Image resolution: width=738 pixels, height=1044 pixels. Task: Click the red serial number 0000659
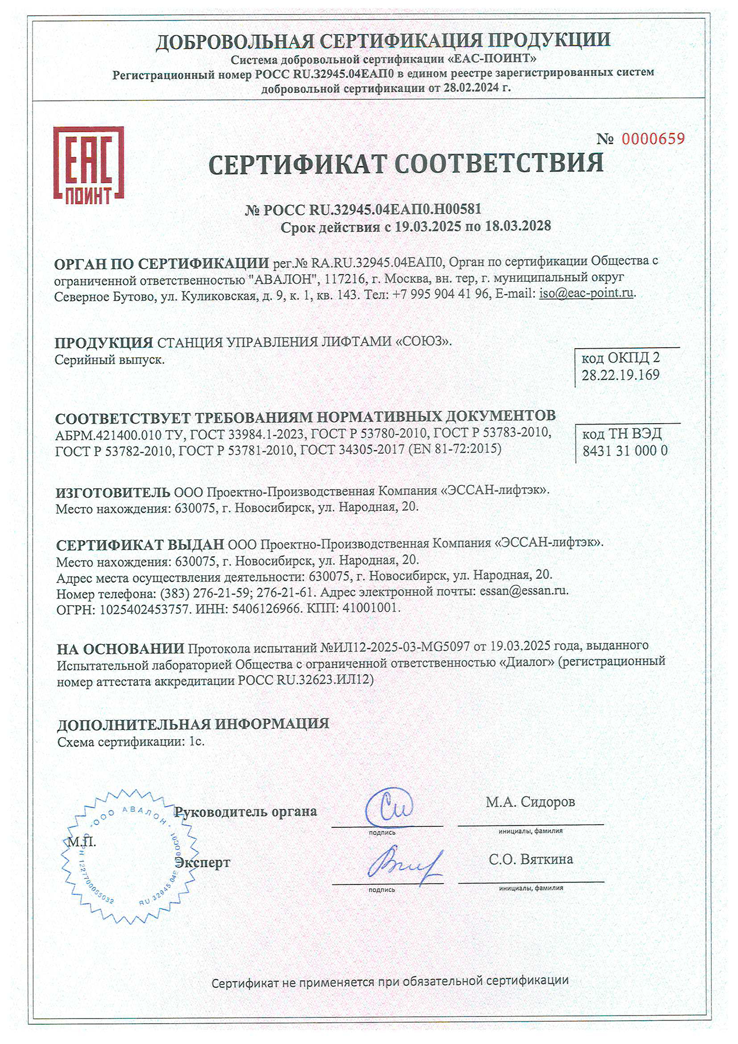(x=653, y=139)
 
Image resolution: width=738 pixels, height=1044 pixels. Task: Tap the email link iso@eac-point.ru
(x=587, y=293)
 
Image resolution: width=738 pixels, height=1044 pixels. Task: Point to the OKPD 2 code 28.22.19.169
(x=620, y=375)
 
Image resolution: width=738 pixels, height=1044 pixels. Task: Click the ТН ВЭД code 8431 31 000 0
(x=624, y=451)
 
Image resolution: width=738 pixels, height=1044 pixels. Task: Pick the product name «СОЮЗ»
(x=424, y=341)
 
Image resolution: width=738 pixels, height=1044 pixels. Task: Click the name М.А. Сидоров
(x=530, y=802)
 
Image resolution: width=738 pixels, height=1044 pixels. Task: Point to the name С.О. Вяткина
(x=531, y=859)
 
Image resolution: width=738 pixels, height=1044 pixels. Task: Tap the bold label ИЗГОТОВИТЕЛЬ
(x=113, y=492)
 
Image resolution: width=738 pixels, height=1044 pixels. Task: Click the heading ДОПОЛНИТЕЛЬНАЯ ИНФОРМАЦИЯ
(x=193, y=724)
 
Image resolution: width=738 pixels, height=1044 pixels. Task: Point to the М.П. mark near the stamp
(x=81, y=842)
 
